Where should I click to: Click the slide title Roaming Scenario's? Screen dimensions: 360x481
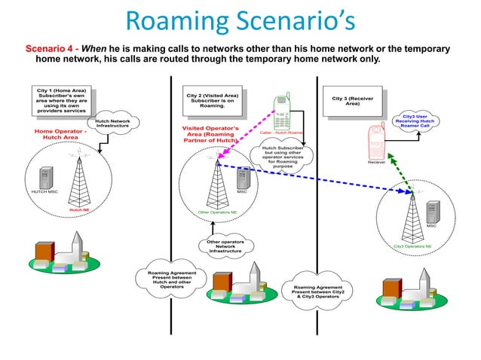tap(240, 22)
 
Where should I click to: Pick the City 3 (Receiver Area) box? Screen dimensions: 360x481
tap(352, 101)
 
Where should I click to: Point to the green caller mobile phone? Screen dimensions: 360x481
tap(282, 112)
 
